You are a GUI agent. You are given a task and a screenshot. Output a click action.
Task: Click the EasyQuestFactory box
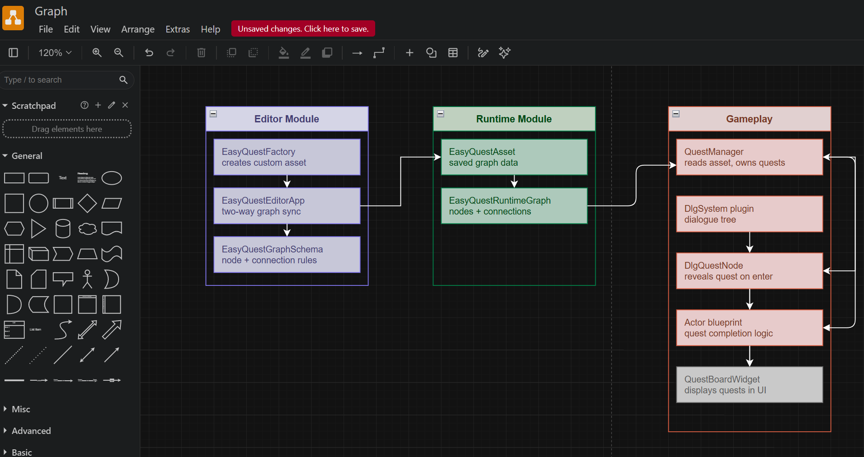coord(287,157)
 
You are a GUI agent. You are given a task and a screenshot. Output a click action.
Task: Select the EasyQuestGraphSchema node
coord(287,255)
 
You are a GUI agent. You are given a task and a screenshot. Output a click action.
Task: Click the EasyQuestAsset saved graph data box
coord(514,157)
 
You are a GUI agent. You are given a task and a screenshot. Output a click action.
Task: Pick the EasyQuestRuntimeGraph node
coord(514,206)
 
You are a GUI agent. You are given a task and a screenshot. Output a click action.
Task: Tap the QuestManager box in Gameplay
coord(749,157)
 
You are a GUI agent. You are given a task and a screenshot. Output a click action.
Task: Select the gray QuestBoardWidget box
coord(749,385)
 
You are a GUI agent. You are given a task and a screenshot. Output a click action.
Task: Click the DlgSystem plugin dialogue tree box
coord(749,214)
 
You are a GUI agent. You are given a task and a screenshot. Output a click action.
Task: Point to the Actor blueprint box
coord(749,328)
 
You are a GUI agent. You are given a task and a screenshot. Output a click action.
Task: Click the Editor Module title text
coord(286,119)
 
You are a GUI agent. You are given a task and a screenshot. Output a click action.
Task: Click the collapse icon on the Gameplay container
coord(676,114)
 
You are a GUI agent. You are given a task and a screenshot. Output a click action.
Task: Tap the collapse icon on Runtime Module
coord(441,114)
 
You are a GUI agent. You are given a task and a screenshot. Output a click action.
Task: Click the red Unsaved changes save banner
coord(303,29)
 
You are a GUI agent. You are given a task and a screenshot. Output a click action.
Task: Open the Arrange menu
coord(138,29)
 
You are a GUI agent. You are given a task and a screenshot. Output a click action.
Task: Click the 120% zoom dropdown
coord(55,53)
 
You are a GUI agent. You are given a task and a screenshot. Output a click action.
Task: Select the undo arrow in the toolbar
coord(149,53)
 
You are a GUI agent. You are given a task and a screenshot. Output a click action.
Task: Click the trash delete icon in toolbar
coord(201,53)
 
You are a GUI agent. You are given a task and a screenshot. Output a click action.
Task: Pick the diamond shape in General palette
coord(87,203)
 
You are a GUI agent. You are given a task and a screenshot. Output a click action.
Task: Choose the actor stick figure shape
coord(87,279)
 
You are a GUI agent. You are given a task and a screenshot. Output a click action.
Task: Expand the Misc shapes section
coord(21,409)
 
